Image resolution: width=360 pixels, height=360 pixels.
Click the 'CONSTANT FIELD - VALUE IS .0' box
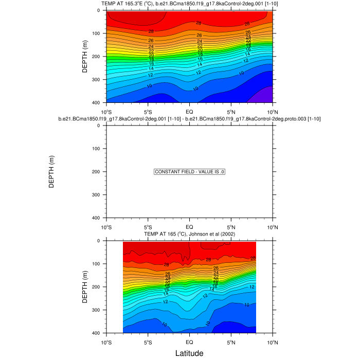point(189,172)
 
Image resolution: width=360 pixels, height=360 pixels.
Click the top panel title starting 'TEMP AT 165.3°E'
point(189,4)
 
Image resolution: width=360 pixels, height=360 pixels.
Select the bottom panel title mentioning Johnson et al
point(189,234)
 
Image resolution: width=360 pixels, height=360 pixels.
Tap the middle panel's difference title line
point(189,119)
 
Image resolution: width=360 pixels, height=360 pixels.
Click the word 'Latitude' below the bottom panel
point(189,353)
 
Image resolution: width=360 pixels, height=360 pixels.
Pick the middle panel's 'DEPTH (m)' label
point(51,172)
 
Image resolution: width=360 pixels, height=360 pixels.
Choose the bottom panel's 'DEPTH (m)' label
point(85,286)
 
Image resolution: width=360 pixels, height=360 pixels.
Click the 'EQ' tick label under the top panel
point(189,112)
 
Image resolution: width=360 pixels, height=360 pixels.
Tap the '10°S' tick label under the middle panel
point(106,227)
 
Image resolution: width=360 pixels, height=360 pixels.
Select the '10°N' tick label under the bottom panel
point(272,342)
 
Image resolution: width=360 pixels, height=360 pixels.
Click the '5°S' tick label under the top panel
point(148,112)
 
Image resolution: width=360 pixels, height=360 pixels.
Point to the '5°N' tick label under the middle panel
point(231,227)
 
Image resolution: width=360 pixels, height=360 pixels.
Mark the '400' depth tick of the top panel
point(96,103)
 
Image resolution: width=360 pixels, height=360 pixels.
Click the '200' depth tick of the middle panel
point(96,172)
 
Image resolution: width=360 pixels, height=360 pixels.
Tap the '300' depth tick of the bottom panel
point(96,310)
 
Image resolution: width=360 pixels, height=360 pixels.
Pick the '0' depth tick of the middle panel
point(98,125)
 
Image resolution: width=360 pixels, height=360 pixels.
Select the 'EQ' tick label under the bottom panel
point(189,342)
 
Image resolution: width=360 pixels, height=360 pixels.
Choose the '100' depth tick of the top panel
point(96,33)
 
